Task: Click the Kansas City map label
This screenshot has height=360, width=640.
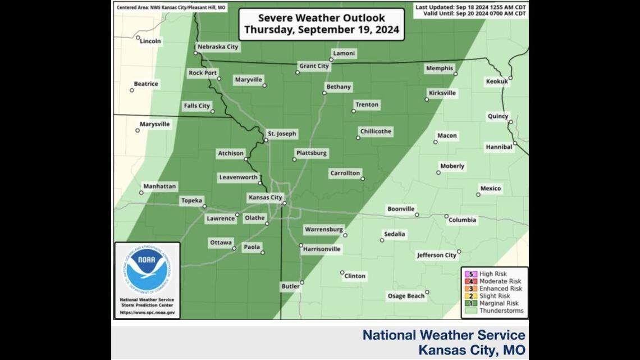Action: [265, 198]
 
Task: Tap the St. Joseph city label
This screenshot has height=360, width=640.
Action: [281, 134]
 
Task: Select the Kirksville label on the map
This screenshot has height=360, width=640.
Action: [442, 93]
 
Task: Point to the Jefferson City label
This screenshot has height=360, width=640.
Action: [436, 256]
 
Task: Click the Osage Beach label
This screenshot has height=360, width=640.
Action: [405, 296]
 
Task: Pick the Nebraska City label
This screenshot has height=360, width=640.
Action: [217, 47]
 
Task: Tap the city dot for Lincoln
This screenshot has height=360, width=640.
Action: [138, 38]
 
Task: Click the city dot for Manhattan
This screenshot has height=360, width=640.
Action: [141, 193]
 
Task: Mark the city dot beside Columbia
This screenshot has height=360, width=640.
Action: [446, 216]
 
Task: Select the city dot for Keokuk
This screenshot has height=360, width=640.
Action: [510, 78]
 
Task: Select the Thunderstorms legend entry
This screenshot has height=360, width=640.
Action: [501, 311]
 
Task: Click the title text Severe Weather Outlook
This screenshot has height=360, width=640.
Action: [321, 18]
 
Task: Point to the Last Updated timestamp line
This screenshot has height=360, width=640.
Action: [470, 7]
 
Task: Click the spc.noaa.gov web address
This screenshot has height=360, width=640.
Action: [147, 312]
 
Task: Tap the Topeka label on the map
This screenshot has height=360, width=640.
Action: [191, 200]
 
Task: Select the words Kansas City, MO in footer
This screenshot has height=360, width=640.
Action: [472, 350]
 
